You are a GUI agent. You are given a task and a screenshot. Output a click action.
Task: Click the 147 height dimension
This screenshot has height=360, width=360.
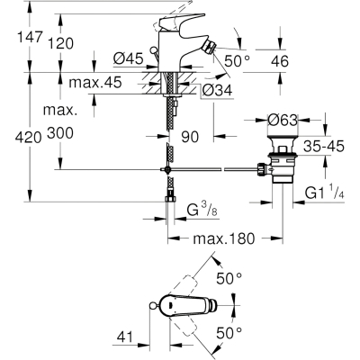pos(29,37)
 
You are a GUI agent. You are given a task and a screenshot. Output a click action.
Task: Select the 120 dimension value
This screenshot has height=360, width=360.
pos(60,44)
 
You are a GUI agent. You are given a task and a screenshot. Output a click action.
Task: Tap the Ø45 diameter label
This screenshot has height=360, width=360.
pos(129,58)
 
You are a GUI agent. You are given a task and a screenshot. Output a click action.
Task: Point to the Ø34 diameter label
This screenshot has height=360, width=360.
pos(217,90)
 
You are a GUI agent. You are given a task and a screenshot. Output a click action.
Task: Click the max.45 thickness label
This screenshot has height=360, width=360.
pos(95,82)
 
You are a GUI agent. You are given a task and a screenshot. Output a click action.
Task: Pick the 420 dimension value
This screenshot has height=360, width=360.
pos(29,138)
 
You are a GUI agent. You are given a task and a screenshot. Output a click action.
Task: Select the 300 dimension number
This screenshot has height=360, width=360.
pos(60,133)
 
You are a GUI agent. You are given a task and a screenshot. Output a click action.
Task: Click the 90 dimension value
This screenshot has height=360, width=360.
pos(190,137)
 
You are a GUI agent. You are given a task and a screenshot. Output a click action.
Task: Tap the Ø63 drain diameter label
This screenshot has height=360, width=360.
pos(283,121)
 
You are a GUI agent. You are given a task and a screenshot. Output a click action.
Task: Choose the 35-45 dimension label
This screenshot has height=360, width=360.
pos(324,147)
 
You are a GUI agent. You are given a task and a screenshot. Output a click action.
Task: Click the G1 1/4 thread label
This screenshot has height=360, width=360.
pos(325,193)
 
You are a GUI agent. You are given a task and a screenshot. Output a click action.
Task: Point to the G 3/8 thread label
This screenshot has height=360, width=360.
pos(202,210)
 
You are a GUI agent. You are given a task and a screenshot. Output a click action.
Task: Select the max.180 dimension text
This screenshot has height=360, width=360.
pos(224,238)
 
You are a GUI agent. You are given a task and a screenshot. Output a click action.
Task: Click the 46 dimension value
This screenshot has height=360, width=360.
pos(280,61)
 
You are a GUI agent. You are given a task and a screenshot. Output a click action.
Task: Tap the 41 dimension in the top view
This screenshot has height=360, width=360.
pos(124,337)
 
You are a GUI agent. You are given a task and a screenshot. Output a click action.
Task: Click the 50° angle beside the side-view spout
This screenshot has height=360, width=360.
pos(238,61)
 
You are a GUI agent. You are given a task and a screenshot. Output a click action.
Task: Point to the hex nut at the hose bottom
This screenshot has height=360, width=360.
pos(171,200)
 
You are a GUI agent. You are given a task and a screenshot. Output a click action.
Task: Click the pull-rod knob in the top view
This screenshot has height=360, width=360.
pos(152,306)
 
